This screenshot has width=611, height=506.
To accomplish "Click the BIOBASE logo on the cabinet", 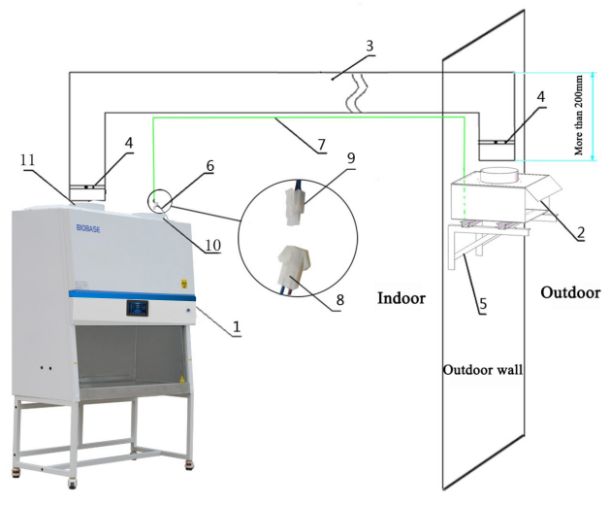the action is coord(88,228).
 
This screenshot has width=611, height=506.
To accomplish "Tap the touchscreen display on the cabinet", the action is coord(137,308).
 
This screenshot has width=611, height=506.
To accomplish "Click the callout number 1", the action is coord(237,327).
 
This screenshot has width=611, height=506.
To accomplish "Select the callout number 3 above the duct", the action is coord(370,46).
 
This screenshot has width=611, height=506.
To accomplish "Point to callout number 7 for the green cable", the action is coord(321,145).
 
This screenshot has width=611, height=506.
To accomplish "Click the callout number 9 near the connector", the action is coord(351,158).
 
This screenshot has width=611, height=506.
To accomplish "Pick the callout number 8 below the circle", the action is coord(340,300).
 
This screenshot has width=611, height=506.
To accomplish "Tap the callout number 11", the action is coord(27,159).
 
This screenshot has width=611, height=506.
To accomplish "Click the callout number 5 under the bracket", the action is coord(483,304).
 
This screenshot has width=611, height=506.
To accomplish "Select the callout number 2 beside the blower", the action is coord(581,233).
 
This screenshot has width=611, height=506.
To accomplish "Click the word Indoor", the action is coord(402,298).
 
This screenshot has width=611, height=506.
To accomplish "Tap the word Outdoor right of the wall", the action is coord(570,292).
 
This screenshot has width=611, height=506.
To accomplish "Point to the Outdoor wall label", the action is coord(483,369).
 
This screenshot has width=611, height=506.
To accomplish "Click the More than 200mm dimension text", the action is coord(579,116).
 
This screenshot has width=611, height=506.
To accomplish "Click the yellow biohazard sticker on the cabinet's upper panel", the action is coord(183,284).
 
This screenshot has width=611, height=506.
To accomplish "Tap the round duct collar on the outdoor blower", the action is coord(499,174).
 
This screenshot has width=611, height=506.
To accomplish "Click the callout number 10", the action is coord(212,245).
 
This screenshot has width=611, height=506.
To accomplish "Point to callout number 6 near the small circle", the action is coord(209,166).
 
